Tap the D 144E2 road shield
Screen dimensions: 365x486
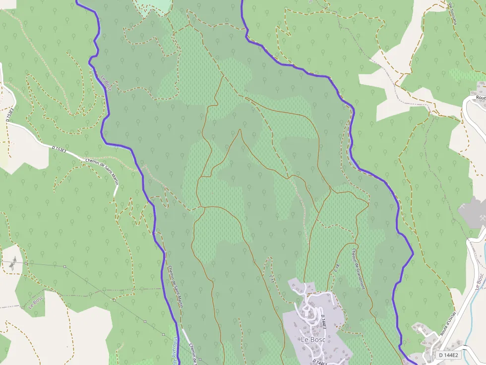[449, 355]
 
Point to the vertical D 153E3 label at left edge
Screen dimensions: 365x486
[8, 115]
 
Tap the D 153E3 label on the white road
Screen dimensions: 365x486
[59, 149]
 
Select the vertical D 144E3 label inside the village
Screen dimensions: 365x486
[323, 322]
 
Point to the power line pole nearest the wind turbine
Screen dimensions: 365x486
[26, 263]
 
